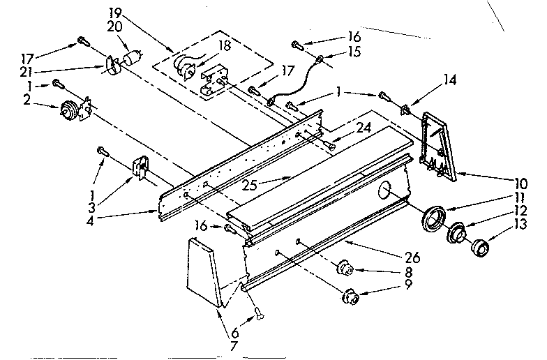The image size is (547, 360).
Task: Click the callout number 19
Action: [114, 13]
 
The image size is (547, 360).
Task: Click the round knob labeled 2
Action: [69, 110]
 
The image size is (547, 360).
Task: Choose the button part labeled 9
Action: [352, 297]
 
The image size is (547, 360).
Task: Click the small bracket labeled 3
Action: [141, 170]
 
